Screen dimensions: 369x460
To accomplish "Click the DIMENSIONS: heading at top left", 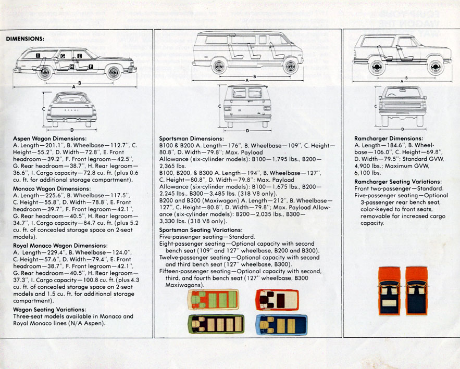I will (x=25, y=39).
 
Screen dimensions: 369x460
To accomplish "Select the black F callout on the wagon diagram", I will (x=91, y=67).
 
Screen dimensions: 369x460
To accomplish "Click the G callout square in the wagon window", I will (x=63, y=55).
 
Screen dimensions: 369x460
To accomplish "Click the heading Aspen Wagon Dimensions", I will (x=49, y=138).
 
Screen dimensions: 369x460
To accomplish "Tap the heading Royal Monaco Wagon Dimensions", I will (x=60, y=245).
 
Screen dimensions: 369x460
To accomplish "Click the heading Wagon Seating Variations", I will (x=49, y=310).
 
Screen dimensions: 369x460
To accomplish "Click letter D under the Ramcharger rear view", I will (x=402, y=129).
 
